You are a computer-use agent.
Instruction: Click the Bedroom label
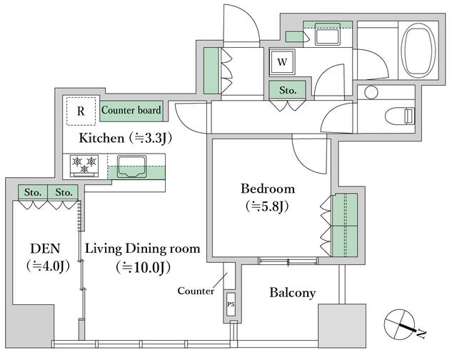268,189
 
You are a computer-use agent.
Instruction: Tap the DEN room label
45,249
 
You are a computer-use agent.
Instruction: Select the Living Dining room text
143,249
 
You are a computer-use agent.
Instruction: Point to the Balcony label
292,293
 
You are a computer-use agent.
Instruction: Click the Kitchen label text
101,138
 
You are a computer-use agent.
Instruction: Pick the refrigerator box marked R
81,111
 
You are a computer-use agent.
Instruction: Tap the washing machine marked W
282,62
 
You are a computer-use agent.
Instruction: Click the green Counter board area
131,111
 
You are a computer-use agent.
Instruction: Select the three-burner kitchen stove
84,166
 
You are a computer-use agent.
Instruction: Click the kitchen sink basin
131,166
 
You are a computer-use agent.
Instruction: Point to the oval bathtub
418,50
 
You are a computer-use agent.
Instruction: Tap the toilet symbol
400,116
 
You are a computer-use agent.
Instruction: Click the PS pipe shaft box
231,304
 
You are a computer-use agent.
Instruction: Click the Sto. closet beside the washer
287,90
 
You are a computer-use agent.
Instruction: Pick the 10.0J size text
143,267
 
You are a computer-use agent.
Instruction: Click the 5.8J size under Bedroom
268,206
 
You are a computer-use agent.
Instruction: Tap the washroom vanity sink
327,34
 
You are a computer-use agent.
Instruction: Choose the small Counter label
196,291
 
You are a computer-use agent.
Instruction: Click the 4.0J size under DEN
48,266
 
